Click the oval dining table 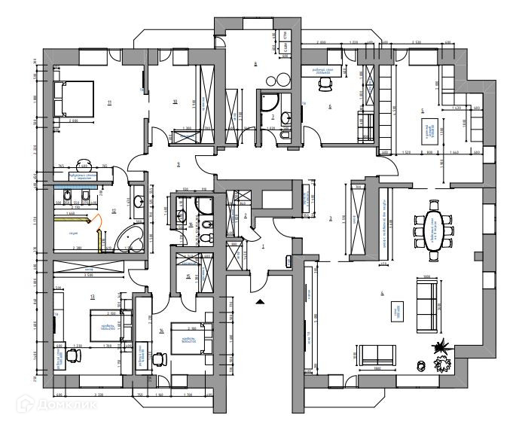435,229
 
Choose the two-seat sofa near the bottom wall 377,355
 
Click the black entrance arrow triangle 260,300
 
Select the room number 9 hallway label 178,164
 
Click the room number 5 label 423,111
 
